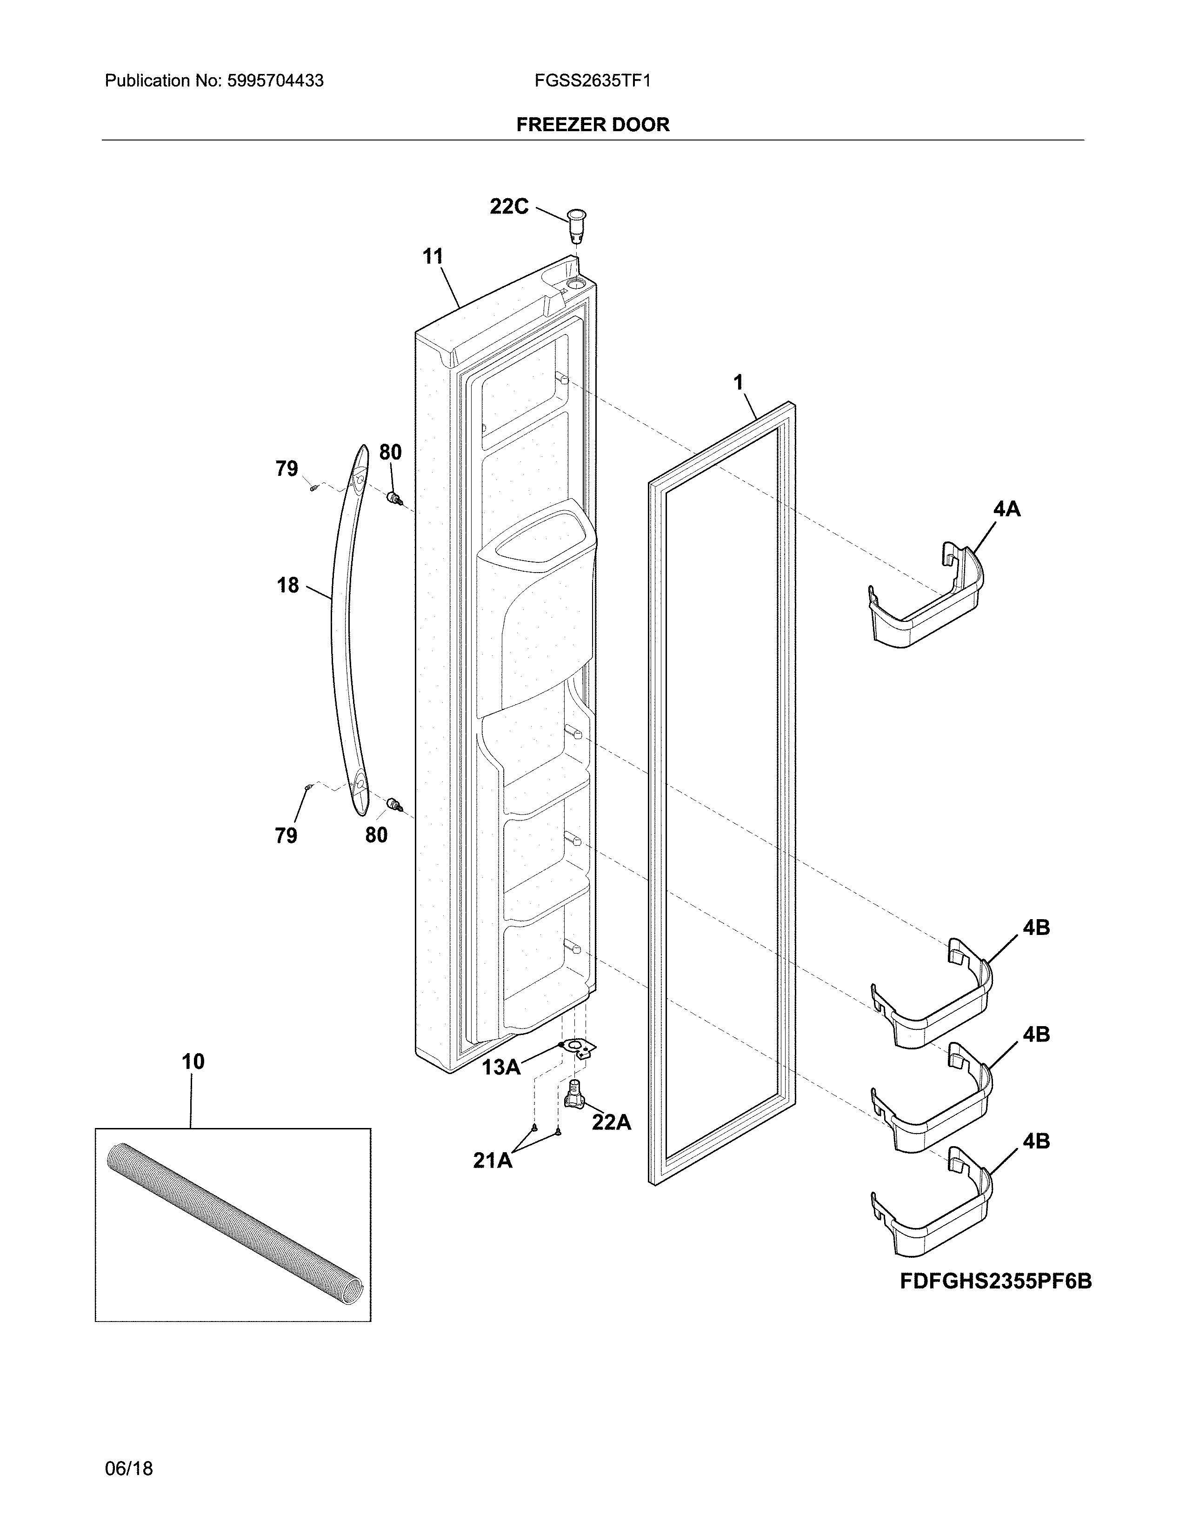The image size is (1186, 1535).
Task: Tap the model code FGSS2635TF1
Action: coord(592,81)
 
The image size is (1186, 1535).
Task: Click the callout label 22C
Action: coord(509,207)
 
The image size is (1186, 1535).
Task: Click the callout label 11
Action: coord(433,257)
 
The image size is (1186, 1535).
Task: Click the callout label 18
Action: coord(287,585)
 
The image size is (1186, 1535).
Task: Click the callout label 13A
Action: coord(501,1067)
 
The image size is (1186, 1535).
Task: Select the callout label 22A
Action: coord(611,1122)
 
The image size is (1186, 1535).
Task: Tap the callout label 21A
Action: coord(492,1161)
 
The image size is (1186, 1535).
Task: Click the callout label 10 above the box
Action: coord(193,1061)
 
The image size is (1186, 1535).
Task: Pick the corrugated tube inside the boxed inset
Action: coord(235,1224)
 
